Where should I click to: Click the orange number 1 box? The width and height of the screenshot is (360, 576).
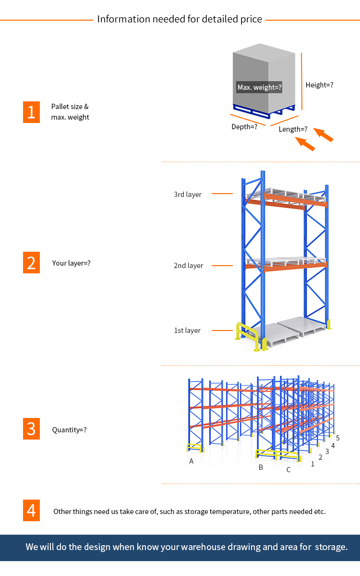31,112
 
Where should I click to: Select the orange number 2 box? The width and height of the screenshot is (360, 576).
31,263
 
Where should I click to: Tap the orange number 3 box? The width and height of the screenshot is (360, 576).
31,429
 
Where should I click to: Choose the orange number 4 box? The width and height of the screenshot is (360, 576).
31,510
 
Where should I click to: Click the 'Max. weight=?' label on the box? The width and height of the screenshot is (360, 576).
259,87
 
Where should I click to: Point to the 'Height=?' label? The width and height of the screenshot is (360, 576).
319,85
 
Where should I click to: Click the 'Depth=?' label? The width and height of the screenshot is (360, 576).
244,127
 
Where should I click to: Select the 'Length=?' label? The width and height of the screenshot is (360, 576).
293,129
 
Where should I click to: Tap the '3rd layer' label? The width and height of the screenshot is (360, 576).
188,195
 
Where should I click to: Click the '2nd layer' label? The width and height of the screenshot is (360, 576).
188,266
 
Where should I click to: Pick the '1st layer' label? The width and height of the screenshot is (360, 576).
187,331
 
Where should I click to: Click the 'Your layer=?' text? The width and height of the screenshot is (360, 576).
71,263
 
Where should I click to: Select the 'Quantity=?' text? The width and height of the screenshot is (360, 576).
70,430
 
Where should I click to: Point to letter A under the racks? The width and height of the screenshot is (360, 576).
192,461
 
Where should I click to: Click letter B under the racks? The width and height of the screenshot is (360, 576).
261,467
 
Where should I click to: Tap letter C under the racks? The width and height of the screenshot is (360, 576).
288,470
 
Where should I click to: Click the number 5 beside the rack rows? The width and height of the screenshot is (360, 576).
338,438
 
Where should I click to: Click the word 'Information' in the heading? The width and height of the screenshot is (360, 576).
123,19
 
